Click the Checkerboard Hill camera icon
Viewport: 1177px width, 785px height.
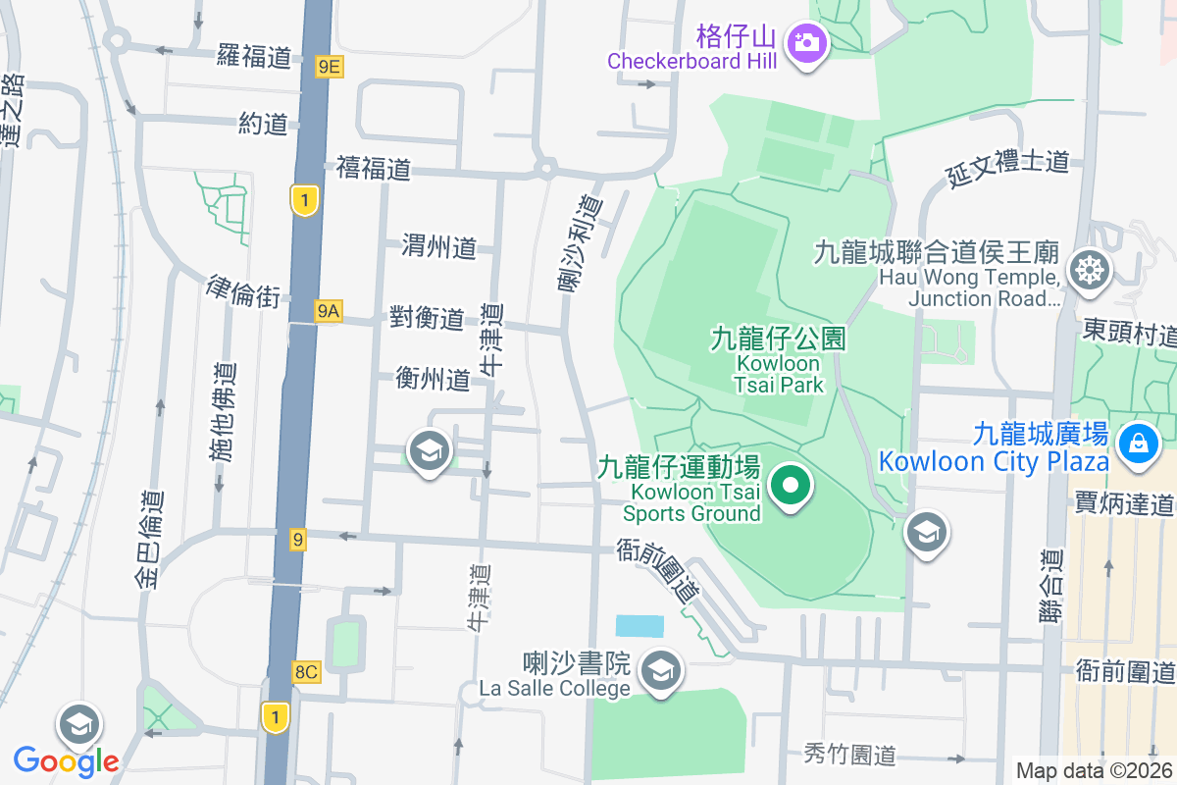click(x=806, y=41)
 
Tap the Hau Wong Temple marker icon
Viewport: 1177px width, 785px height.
click(x=1087, y=268)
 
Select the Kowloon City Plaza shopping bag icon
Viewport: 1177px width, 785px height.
click(x=1138, y=443)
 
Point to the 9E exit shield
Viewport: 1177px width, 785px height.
click(x=330, y=67)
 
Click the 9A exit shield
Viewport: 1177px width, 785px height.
click(x=328, y=311)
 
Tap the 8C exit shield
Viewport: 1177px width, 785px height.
click(x=306, y=672)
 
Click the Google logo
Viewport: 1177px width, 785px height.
click(x=66, y=760)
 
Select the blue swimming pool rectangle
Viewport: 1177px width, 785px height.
click(x=640, y=626)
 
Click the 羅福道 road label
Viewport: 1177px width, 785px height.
click(x=254, y=57)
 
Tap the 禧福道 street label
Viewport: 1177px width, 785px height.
click(x=373, y=169)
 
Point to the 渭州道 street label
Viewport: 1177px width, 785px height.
click(x=438, y=246)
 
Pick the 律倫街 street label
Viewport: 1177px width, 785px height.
click(x=243, y=291)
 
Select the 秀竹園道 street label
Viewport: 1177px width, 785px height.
click(x=849, y=755)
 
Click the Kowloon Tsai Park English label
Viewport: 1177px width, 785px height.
click(x=778, y=373)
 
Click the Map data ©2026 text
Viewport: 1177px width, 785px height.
click(x=1094, y=771)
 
